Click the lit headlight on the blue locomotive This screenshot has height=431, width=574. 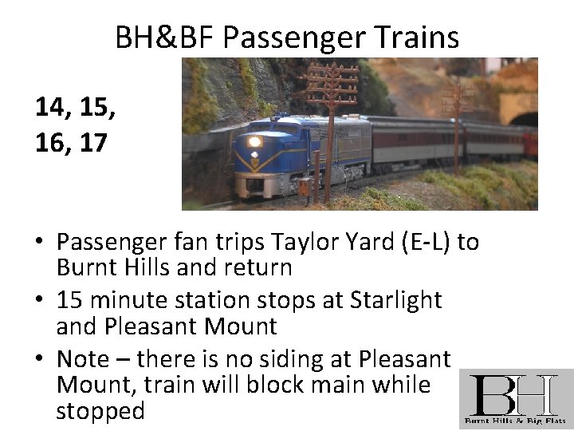pyautogui.click(x=254, y=142)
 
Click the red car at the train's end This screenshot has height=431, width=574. pyautogui.click(x=530, y=144)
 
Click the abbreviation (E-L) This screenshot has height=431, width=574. pyautogui.click(x=428, y=242)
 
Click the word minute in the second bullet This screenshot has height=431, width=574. pyautogui.click(x=129, y=300)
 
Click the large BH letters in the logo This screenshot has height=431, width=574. pyautogui.click(x=513, y=393)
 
